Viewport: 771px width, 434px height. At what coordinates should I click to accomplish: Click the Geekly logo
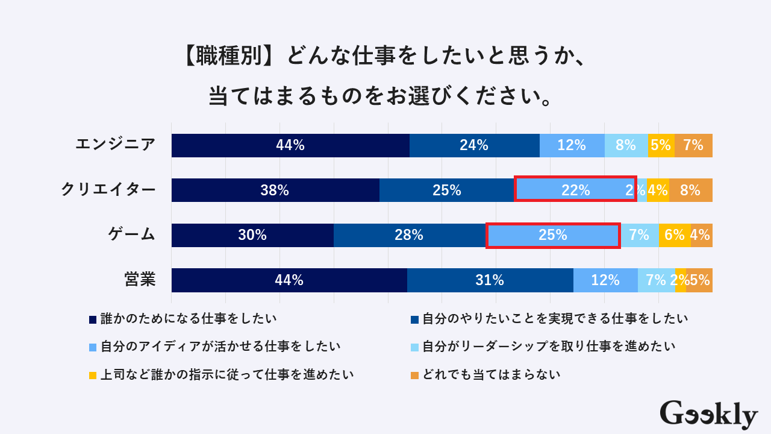pyautogui.click(x=708, y=414)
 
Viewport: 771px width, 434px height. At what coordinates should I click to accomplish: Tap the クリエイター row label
pyautogui.click(x=108, y=190)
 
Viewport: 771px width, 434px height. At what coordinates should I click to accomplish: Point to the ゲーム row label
pyautogui.click(x=132, y=234)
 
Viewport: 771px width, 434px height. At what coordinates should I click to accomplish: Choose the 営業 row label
pyautogui.click(x=140, y=280)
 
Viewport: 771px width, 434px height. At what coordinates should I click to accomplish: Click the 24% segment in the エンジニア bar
pyautogui.click(x=474, y=145)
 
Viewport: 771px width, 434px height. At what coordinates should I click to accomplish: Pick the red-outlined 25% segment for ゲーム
pyautogui.click(x=553, y=235)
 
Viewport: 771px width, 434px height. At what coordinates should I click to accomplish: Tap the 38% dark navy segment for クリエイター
pyautogui.click(x=275, y=190)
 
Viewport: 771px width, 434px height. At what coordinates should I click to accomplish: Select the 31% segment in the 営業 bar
pyautogui.click(x=490, y=280)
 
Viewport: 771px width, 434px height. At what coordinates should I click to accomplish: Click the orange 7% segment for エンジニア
pyautogui.click(x=693, y=145)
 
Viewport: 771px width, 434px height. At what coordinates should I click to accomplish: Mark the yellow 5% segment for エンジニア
pyautogui.click(x=661, y=145)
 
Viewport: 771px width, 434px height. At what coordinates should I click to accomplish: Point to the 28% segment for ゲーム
pyautogui.click(x=409, y=235)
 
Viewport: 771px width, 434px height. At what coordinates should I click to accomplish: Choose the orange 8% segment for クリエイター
pyautogui.click(x=690, y=190)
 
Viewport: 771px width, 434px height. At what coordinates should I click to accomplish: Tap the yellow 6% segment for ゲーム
pyautogui.click(x=674, y=235)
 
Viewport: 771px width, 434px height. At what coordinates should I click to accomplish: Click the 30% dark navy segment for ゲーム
pyautogui.click(x=252, y=235)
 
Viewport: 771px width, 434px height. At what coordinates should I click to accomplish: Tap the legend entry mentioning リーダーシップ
pyautogui.click(x=548, y=346)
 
